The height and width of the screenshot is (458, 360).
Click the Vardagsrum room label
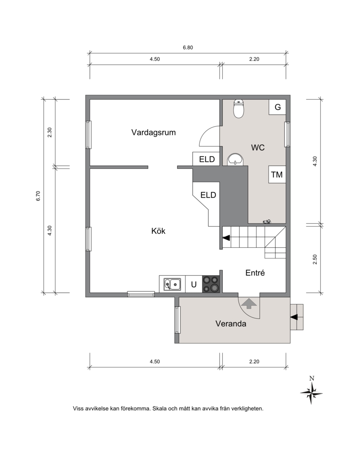coord(153,132)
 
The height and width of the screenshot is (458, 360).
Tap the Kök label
coord(158,231)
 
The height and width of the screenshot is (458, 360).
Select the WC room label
coord(258,148)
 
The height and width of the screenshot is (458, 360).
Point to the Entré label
coord(255,273)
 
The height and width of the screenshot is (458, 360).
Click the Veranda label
coord(231,324)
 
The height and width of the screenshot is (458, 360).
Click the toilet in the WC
coord(239,109)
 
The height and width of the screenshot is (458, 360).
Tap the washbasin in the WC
coord(235,159)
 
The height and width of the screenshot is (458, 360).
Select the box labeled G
coord(277,107)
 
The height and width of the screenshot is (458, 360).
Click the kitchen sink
coord(172,284)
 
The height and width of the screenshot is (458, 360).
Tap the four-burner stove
coord(211,284)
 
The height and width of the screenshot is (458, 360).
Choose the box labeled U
coord(193,284)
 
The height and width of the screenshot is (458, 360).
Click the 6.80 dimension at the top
coord(188,47)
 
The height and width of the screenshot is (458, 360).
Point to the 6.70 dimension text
coord(38,196)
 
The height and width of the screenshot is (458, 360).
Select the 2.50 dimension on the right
coord(315,259)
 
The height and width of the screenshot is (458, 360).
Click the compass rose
coord(311,393)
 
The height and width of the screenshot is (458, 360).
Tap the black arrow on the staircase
coord(226,238)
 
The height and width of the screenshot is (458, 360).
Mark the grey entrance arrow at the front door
coord(249,304)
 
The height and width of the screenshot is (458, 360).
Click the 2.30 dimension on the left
coord(49,132)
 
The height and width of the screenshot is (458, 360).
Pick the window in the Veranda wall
coord(177,320)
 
